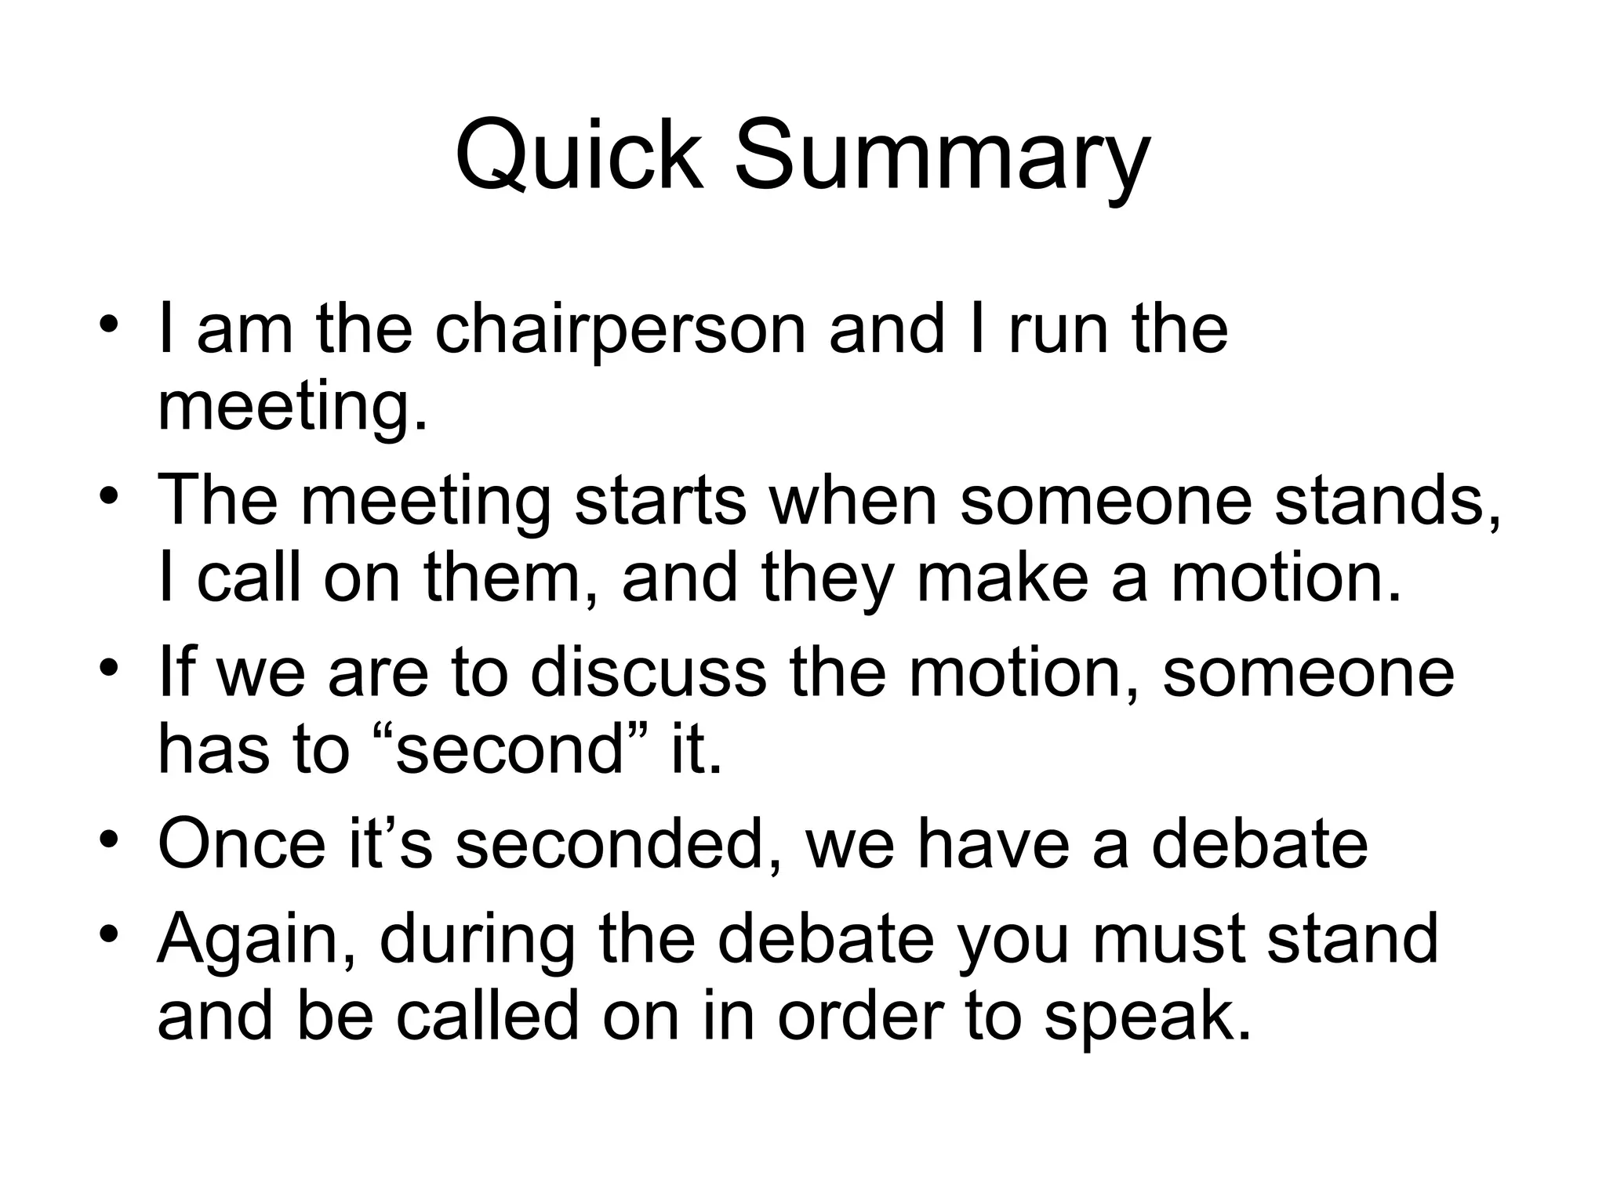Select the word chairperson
click(620, 329)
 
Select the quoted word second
click(509, 749)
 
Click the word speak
click(1146, 1016)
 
